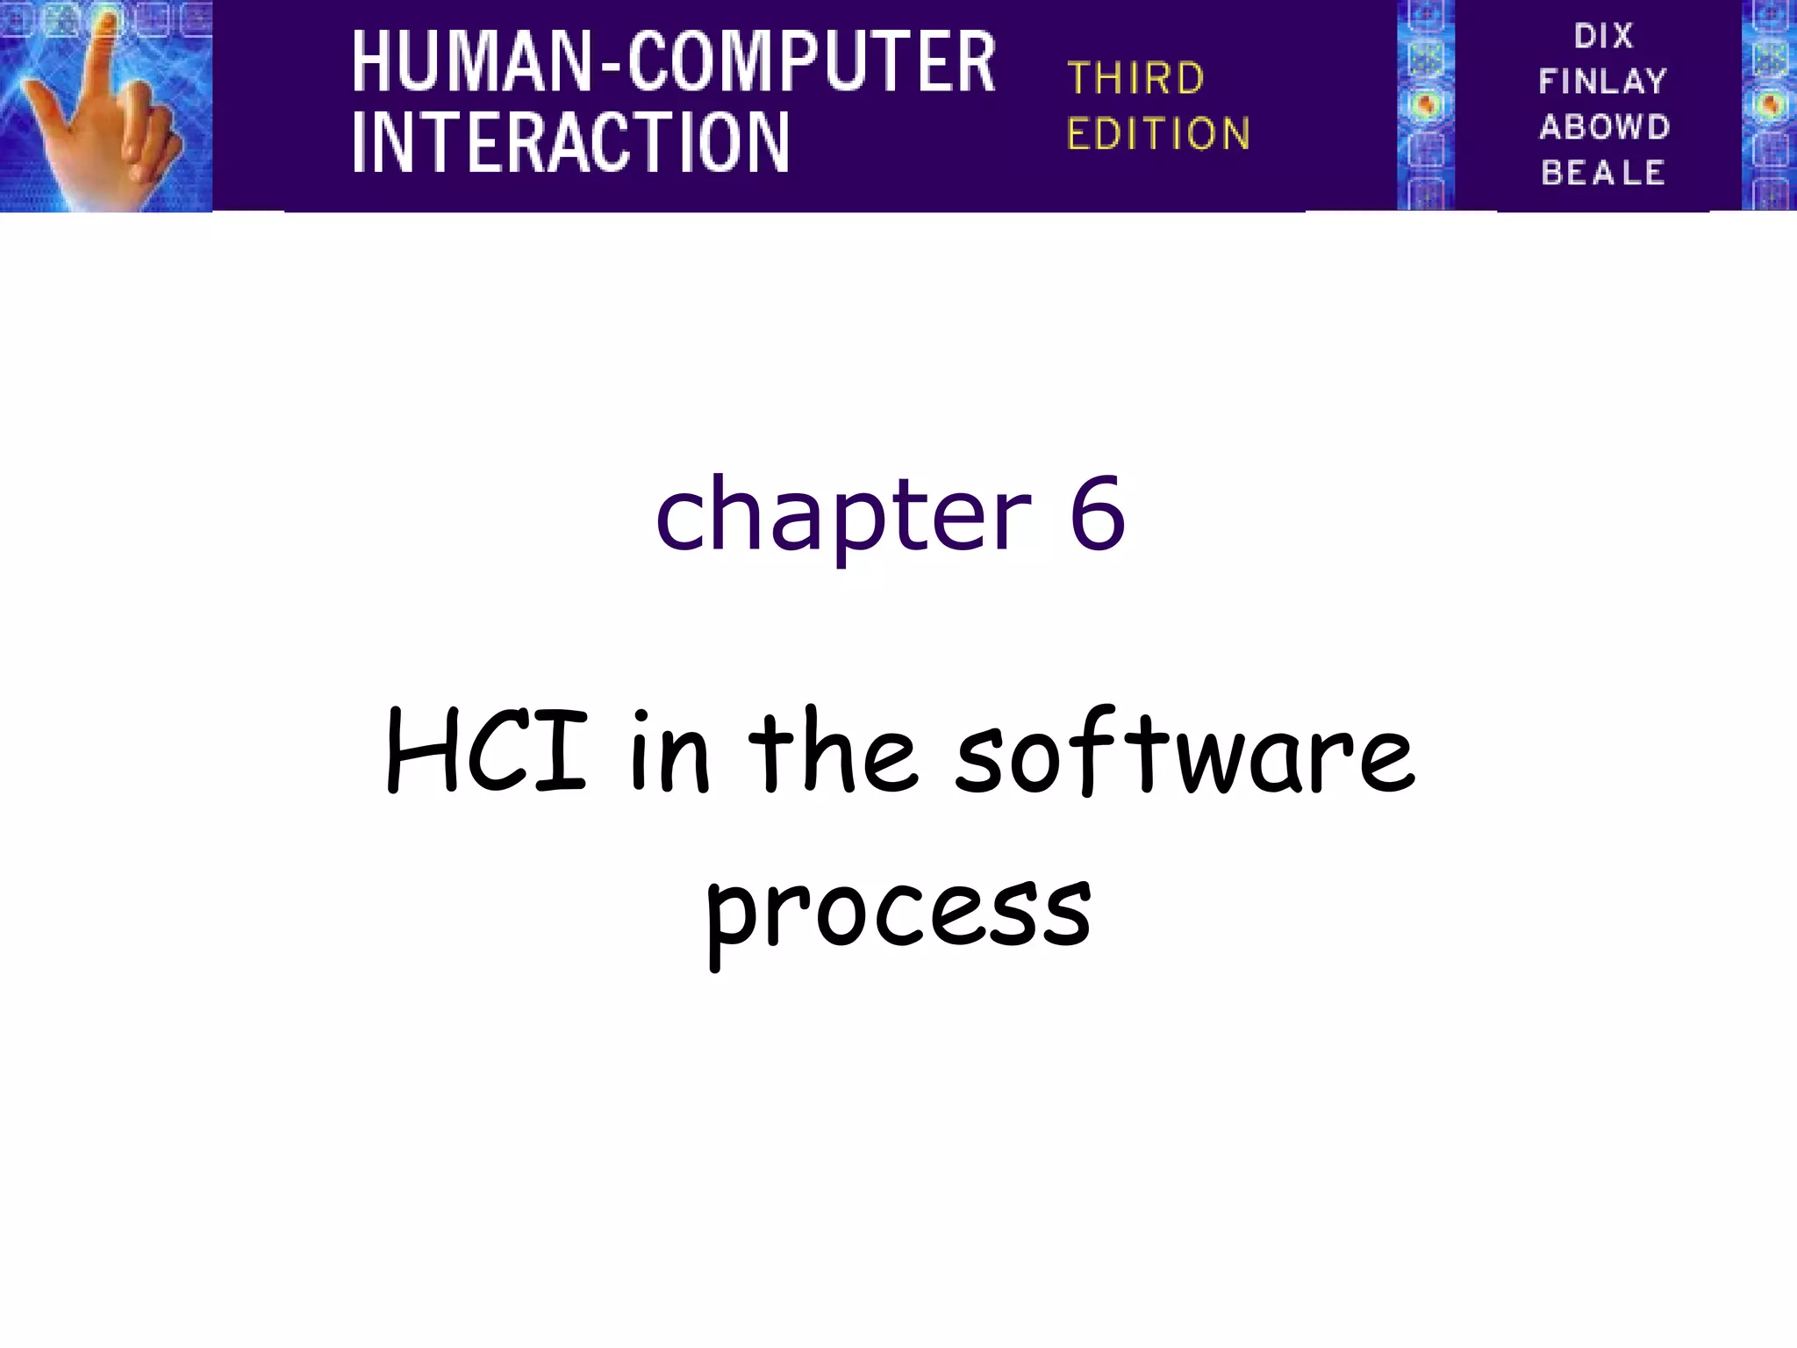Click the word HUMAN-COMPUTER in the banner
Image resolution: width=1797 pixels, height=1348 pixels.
(x=673, y=61)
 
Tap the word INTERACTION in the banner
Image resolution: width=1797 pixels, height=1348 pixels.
(x=570, y=141)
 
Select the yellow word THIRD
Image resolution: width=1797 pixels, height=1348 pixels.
(x=1135, y=79)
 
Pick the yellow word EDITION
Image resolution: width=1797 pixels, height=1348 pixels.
(x=1158, y=134)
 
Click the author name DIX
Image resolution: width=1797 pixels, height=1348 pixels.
(x=1603, y=36)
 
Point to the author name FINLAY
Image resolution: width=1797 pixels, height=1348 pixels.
(x=1602, y=82)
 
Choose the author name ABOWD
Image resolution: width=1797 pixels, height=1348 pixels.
(x=1604, y=127)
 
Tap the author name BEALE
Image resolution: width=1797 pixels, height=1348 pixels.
(x=1603, y=173)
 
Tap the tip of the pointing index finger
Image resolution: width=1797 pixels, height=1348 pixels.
(x=106, y=21)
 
